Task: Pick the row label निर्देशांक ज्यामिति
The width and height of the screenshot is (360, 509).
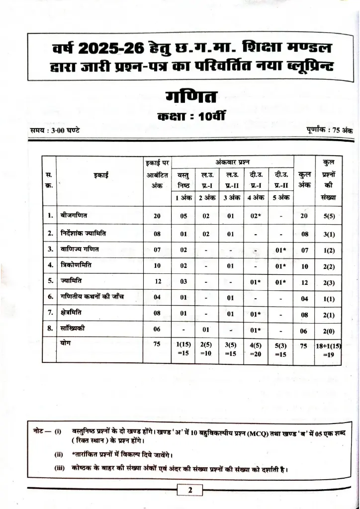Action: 83,233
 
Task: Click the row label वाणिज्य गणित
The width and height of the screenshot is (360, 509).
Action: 79,249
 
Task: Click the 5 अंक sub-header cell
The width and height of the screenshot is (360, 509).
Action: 281,197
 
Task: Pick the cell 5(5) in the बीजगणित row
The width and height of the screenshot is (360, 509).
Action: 328,216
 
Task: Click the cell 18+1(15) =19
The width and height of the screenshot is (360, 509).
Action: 328,349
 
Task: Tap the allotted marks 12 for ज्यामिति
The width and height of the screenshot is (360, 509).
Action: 158,281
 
